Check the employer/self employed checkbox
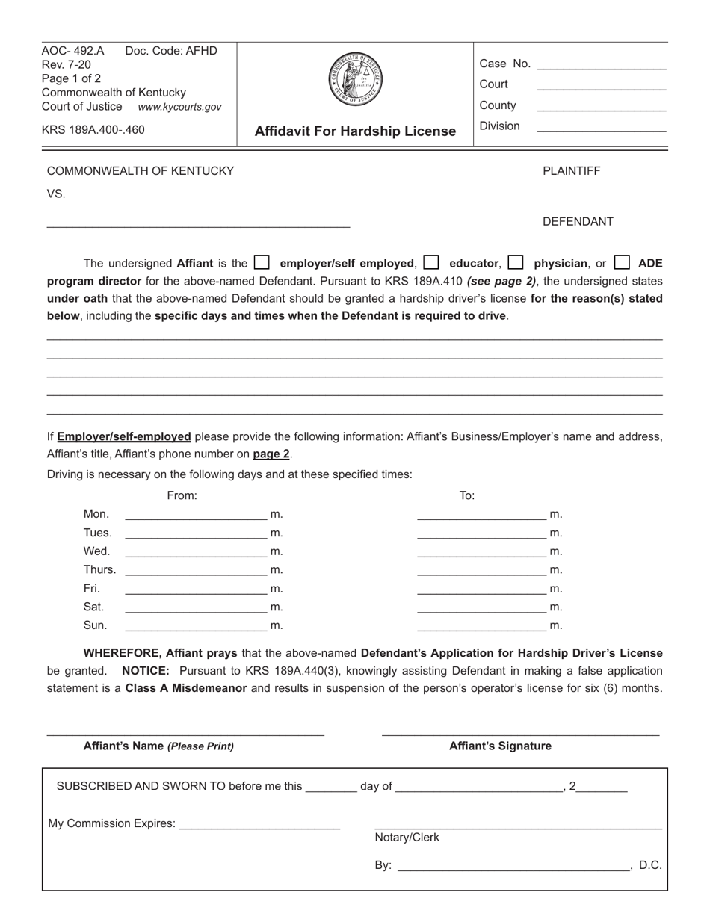pyautogui.click(x=262, y=263)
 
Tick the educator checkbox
pyautogui.click(x=430, y=263)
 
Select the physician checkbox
pyautogui.click(x=516, y=263)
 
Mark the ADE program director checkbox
pyautogui.click(x=622, y=263)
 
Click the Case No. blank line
pyautogui.click(x=602, y=66)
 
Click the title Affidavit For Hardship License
pyautogui.click(x=355, y=131)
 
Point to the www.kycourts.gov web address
pyautogui.click(x=179, y=107)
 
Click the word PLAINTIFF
pyautogui.click(x=571, y=171)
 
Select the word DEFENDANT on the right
pyautogui.click(x=578, y=222)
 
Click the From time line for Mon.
pyautogui.click(x=196, y=515)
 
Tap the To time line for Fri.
pyautogui.click(x=481, y=589)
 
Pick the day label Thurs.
pyautogui.click(x=99, y=570)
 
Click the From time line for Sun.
pyautogui.click(x=196, y=625)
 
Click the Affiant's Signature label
pyautogui.click(x=500, y=746)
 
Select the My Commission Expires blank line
pyautogui.click(x=259, y=825)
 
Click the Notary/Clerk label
pyautogui.click(x=407, y=838)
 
